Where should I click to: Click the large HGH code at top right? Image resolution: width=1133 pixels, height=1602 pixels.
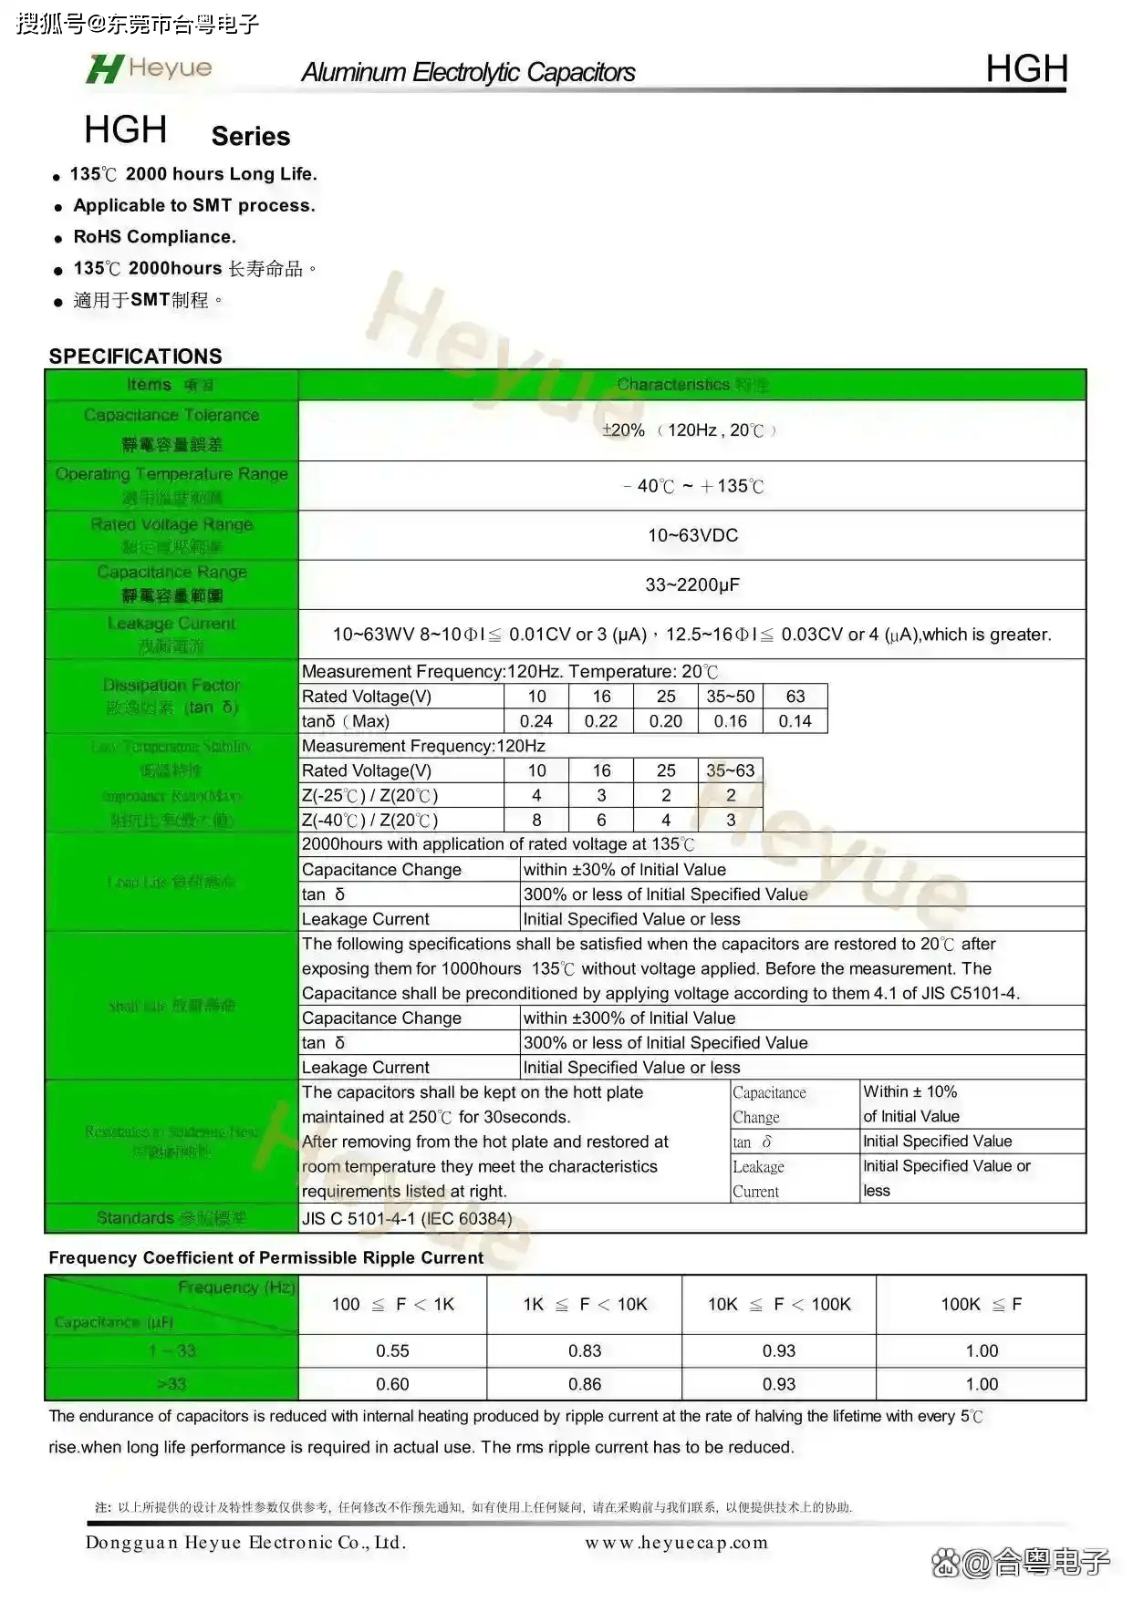[1026, 69]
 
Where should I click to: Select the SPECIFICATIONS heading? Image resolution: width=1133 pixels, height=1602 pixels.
[135, 356]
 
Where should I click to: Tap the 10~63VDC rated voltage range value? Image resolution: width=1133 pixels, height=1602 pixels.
[692, 535]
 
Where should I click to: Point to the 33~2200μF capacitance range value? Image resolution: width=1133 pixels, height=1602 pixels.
[692, 584]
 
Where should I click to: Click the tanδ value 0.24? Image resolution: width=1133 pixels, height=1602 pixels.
[536, 721]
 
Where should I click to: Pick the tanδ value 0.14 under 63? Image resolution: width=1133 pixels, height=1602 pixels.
[795, 721]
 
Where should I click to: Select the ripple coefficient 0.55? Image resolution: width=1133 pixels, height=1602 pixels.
[392, 1350]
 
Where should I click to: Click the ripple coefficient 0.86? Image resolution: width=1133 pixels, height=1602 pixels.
[585, 1384]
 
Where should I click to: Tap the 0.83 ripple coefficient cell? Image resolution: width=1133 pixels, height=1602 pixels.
[585, 1350]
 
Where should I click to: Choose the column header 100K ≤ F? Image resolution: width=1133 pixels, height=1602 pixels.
[982, 1305]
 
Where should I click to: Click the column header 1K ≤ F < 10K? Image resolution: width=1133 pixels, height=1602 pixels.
[585, 1305]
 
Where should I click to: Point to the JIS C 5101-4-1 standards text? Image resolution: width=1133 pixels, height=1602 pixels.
[407, 1218]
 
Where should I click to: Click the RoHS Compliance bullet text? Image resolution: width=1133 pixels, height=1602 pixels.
[154, 237]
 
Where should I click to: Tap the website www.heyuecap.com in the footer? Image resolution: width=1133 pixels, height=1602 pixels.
[676, 1543]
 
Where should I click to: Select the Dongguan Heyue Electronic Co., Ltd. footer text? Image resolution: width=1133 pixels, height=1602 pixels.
[245, 1543]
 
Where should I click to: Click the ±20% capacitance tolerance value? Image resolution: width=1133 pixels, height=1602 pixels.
[624, 430]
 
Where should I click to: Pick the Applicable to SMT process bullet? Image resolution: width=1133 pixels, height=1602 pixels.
[193, 206]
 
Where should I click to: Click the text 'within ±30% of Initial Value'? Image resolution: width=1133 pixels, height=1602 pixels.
[625, 870]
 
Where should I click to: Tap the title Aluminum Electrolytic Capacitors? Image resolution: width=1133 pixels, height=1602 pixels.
[468, 73]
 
